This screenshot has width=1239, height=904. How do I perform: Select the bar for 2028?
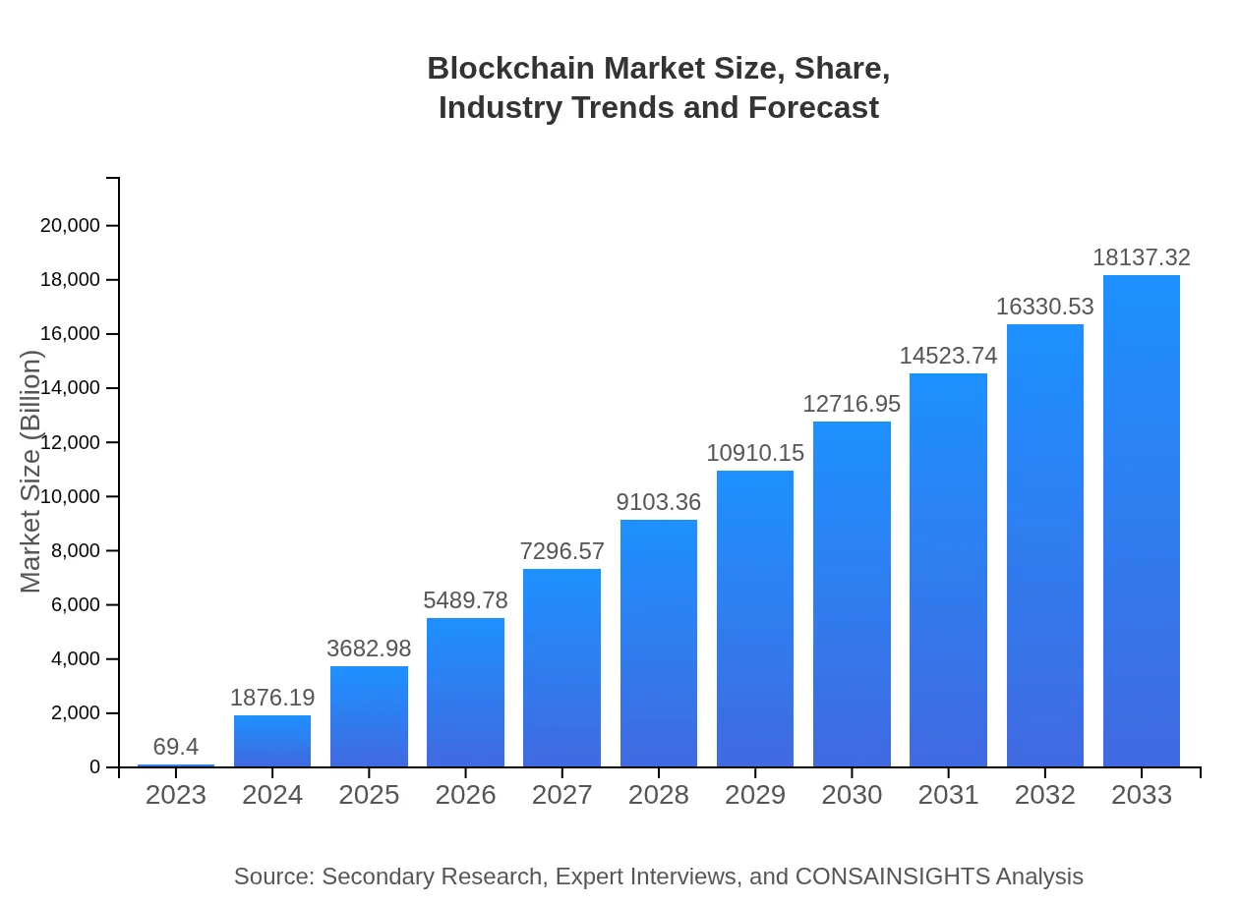[x=658, y=644]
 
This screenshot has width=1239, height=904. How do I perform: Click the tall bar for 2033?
[x=1141, y=521]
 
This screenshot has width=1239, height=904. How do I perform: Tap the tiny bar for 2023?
[x=176, y=764]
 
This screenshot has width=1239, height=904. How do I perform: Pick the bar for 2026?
[x=465, y=693]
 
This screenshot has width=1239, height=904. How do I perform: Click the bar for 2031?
[x=948, y=570]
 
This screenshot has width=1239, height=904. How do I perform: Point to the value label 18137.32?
[x=1141, y=257]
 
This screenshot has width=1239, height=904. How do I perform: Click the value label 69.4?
[x=176, y=747]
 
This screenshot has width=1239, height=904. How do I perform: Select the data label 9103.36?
[x=658, y=502]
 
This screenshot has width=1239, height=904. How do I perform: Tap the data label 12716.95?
[x=852, y=404]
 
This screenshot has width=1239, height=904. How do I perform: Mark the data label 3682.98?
[x=369, y=649]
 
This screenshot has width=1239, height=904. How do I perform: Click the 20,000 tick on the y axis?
[x=70, y=226]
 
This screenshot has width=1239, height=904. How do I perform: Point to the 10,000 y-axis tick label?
[x=70, y=496]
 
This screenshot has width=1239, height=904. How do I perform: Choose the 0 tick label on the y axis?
[x=95, y=766]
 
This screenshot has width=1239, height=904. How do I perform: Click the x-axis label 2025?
[x=369, y=795]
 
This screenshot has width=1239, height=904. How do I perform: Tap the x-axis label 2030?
[x=852, y=795]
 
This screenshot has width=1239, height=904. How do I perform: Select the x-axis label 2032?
[x=1044, y=795]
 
